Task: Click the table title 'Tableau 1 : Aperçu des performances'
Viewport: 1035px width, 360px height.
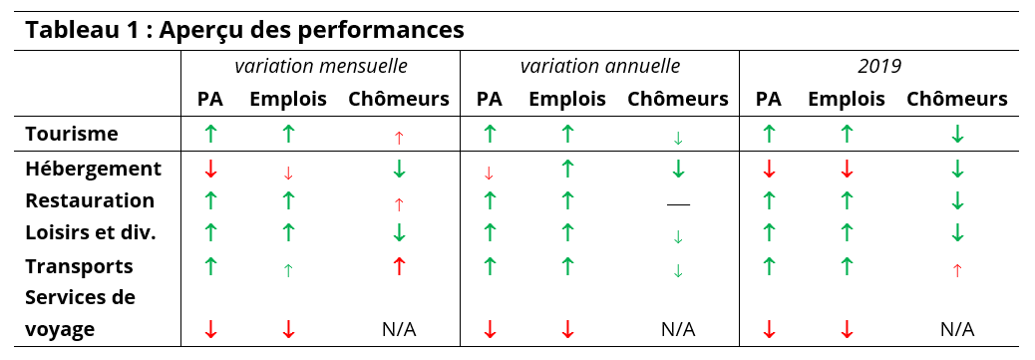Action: [245, 30]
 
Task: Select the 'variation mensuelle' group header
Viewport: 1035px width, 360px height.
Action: [321, 66]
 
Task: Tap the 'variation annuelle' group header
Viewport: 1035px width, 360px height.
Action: [600, 66]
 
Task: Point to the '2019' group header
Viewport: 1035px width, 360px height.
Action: [879, 66]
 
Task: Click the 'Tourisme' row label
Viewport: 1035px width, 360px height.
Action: [72, 134]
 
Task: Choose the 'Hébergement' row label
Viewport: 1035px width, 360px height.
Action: [93, 169]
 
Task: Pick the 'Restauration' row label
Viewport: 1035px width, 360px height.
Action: [90, 200]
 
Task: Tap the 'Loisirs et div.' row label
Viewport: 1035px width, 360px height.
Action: [91, 232]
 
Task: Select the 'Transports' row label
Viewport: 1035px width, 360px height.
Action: [79, 266]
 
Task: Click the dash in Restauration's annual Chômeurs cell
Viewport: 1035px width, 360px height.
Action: [678, 204]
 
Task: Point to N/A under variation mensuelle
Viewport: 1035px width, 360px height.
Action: [399, 330]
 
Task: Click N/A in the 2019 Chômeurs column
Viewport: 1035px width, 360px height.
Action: [957, 330]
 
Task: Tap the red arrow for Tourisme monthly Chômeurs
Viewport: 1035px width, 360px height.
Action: [399, 138]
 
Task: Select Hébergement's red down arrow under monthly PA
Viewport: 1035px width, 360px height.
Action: [210, 169]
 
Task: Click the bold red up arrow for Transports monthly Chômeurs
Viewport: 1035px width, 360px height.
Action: [399, 265]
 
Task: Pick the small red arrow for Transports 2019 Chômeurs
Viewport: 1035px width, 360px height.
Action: [957, 270]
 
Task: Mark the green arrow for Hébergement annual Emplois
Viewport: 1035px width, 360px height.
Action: [567, 169]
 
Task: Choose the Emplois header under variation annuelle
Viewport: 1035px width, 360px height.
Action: [567, 99]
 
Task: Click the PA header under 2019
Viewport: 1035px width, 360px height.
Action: [769, 99]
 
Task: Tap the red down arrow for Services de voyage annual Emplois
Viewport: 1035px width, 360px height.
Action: [567, 329]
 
